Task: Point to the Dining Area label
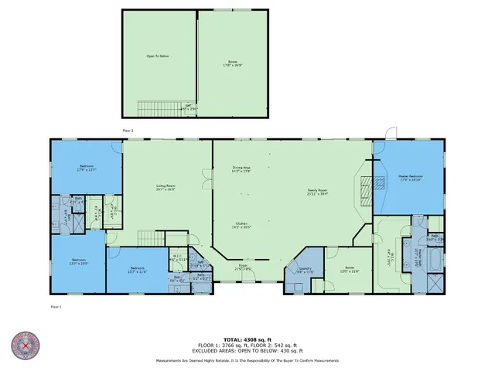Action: pos(241,169)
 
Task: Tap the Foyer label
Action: pos(242,267)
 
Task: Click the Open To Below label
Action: pos(158,56)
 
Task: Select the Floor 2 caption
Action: pos(128,131)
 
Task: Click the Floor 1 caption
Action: pos(55,307)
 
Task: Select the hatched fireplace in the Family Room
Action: pos(368,184)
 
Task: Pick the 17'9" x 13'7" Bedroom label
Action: pos(87,168)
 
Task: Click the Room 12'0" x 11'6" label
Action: pos(350,271)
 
